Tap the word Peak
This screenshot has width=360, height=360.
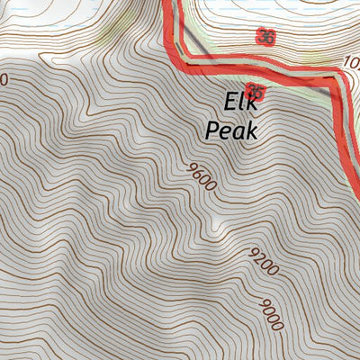[x=231, y=130]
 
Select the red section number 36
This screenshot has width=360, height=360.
[x=265, y=37]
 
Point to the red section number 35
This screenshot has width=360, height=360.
[x=257, y=92]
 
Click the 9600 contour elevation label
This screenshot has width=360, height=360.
[x=202, y=177]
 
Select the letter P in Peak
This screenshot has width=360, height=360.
[x=212, y=130]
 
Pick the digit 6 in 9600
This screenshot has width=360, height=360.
[x=199, y=174]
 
